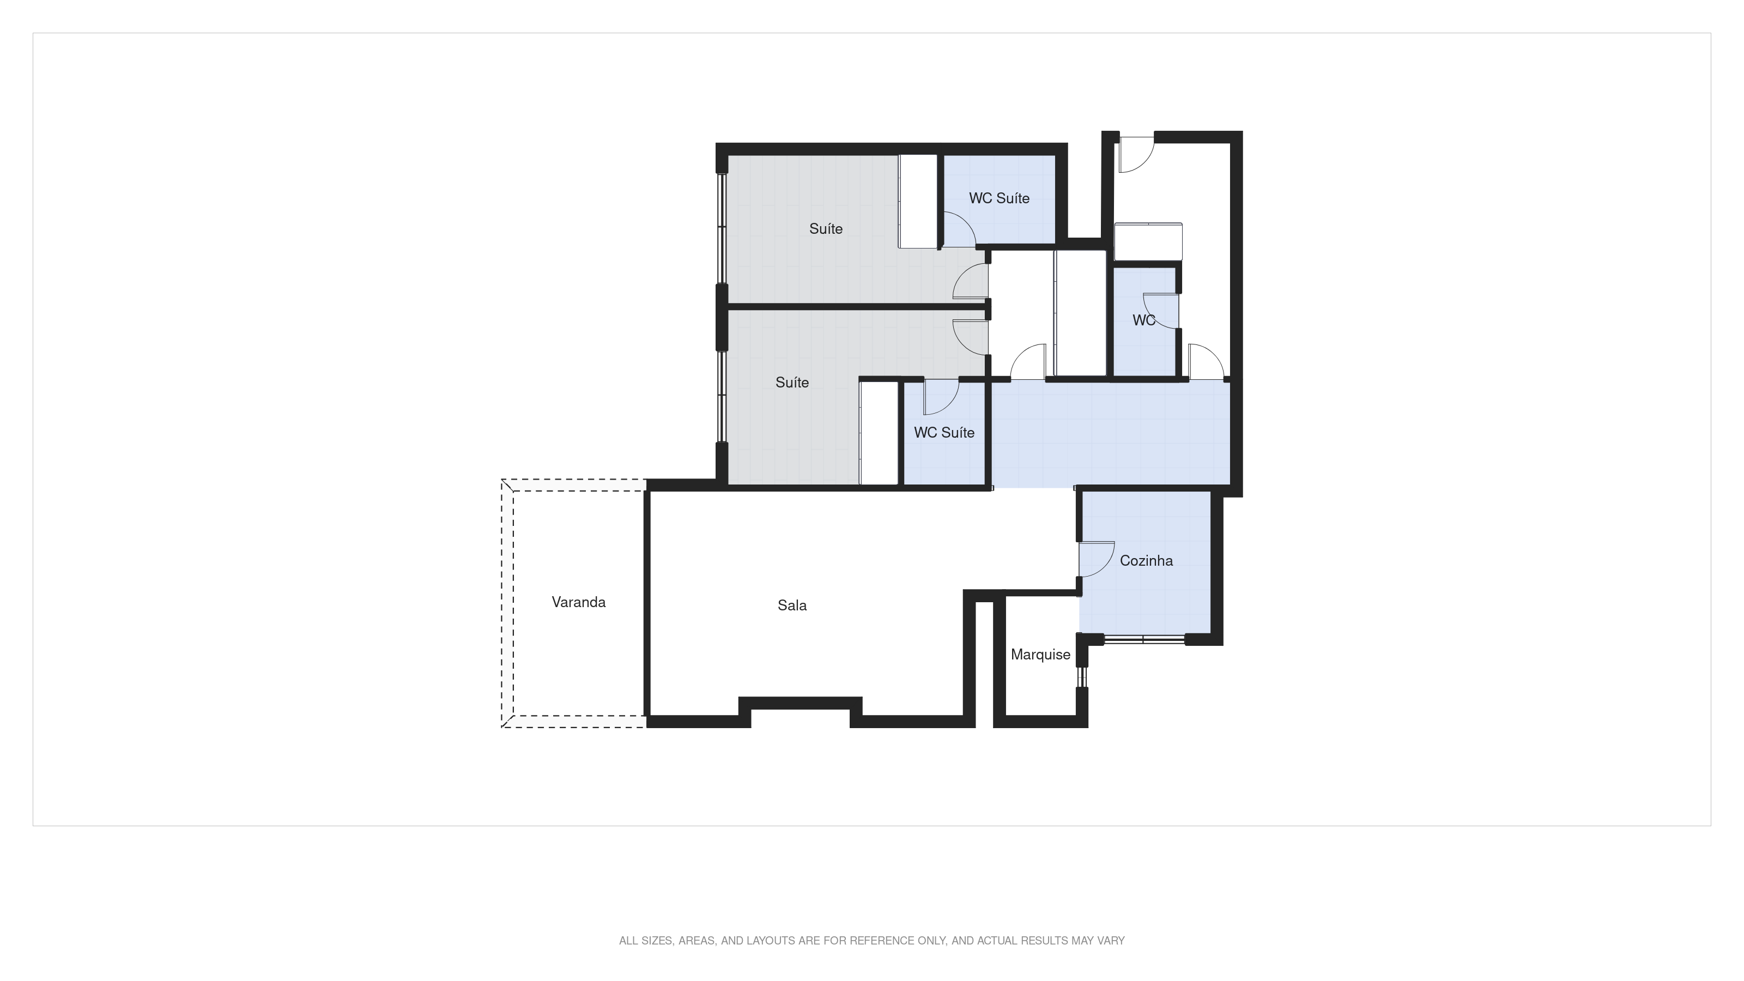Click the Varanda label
click(578, 602)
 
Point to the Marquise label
click(1040, 655)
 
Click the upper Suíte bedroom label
click(825, 229)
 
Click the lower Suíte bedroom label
click(791, 383)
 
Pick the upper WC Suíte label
click(998, 198)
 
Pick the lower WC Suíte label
click(944, 433)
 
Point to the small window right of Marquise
click(1082, 677)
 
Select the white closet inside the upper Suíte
click(917, 201)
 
